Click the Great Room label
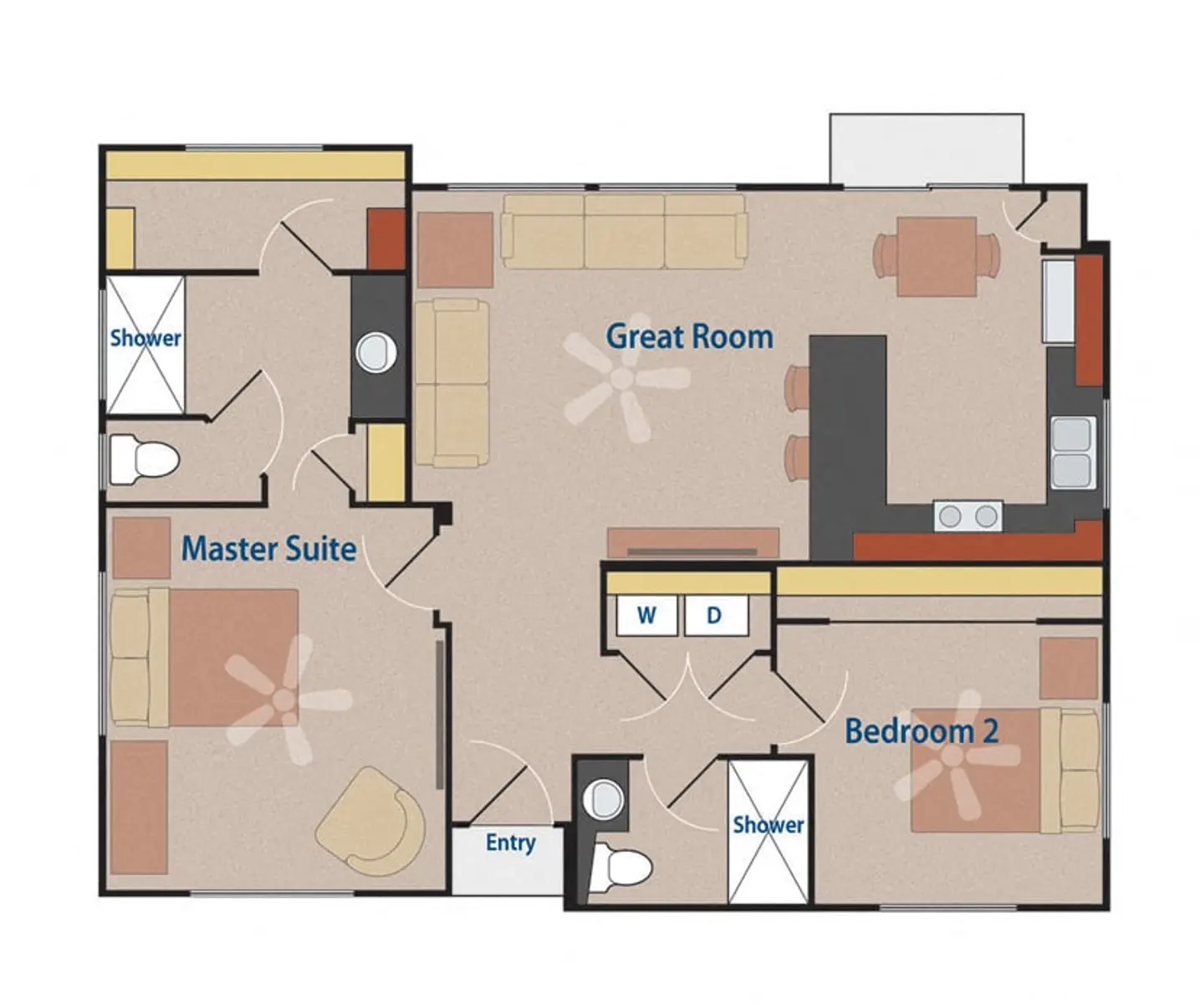(690, 337)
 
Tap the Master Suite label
(269, 549)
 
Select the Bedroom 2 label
(922, 731)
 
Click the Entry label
(511, 843)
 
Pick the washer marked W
(646, 615)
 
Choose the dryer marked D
(716, 615)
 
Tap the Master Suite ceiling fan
(285, 699)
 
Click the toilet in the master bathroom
(145, 459)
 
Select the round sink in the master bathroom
(375, 353)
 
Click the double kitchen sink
(1072, 453)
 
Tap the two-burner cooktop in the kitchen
(968, 515)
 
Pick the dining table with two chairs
(937, 257)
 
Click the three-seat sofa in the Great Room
(624, 231)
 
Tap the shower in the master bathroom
(146, 345)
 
